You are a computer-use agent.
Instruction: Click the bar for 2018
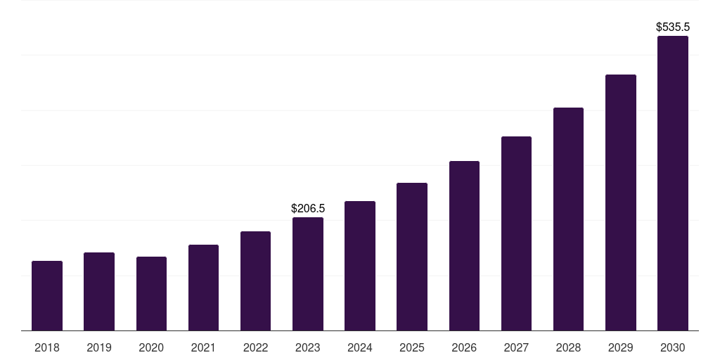pos(47,295)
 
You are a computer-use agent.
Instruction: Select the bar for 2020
pos(151,293)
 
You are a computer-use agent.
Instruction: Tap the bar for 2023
pos(308,274)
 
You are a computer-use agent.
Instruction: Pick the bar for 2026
pos(464,245)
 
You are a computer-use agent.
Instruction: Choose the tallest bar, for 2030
pos(673,183)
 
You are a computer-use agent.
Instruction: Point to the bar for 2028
pos(568,219)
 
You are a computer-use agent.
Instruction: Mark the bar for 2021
pos(203,288)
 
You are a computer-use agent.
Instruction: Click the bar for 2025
pos(412,257)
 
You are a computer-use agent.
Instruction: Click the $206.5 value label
pos(308,208)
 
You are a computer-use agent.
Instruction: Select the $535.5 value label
pos(673,27)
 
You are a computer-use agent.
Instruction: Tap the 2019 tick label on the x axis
pos(99,347)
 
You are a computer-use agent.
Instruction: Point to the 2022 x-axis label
pos(255,347)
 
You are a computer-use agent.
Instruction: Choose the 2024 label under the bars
pos(360,347)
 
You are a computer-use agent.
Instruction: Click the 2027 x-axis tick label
pos(516,347)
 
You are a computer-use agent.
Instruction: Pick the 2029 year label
pos(620,347)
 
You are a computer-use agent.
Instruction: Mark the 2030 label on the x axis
pos(673,347)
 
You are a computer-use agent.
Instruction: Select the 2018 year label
pos(47,347)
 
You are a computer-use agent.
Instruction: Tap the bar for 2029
pos(620,202)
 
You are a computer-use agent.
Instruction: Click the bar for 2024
pos(360,266)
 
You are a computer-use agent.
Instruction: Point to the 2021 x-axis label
pos(203,347)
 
